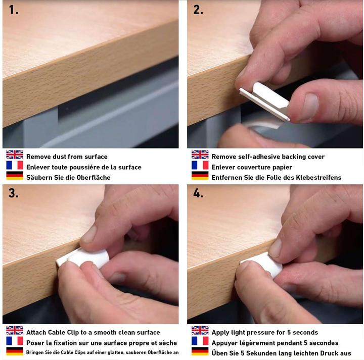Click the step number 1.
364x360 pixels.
click(14, 10)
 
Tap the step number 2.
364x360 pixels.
click(198, 10)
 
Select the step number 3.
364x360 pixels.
click(14, 193)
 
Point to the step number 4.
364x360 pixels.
click(198, 193)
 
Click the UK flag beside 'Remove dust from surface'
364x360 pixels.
click(15, 155)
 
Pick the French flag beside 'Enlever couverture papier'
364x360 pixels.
click(200, 165)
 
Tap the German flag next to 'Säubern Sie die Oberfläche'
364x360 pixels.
click(15, 176)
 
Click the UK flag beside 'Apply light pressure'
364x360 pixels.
click(200, 330)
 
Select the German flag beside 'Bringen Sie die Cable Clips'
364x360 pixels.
click(15, 351)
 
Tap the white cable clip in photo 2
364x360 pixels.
click(264, 100)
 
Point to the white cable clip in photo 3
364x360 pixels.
click(83, 258)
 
